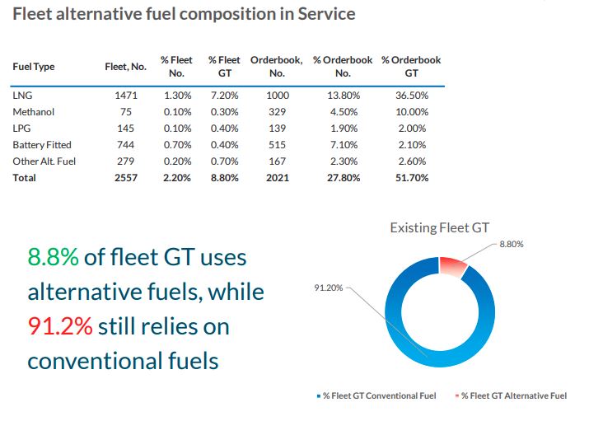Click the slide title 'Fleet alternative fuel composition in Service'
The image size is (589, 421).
[x=185, y=15]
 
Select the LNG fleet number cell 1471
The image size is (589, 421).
[x=126, y=96]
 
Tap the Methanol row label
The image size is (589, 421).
[x=33, y=112]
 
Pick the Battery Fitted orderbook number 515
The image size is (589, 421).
[x=278, y=145]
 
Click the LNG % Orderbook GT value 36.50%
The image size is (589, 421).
[x=412, y=96]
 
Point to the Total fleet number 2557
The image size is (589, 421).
[x=126, y=178]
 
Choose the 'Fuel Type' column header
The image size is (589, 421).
[x=33, y=67]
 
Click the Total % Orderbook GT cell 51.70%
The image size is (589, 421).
[x=412, y=178]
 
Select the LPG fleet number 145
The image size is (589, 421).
[x=126, y=129]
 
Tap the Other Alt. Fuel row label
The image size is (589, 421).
[x=44, y=161]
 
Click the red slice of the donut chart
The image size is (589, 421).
[x=452, y=265]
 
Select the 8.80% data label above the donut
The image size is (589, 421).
[x=511, y=245]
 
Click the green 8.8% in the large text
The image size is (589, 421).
[x=54, y=257]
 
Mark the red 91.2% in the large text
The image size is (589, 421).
[x=60, y=326]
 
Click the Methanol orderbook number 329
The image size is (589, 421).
[x=278, y=112]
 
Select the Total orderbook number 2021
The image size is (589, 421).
[x=278, y=178]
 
